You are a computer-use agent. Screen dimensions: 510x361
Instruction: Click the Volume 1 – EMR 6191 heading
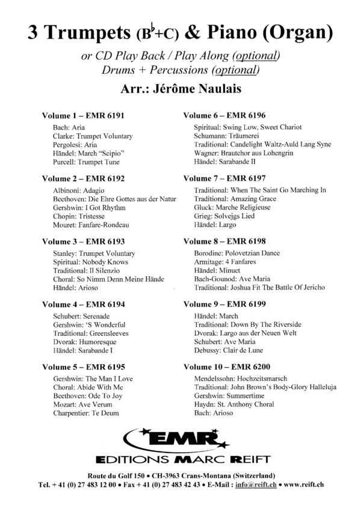tap(83, 115)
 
